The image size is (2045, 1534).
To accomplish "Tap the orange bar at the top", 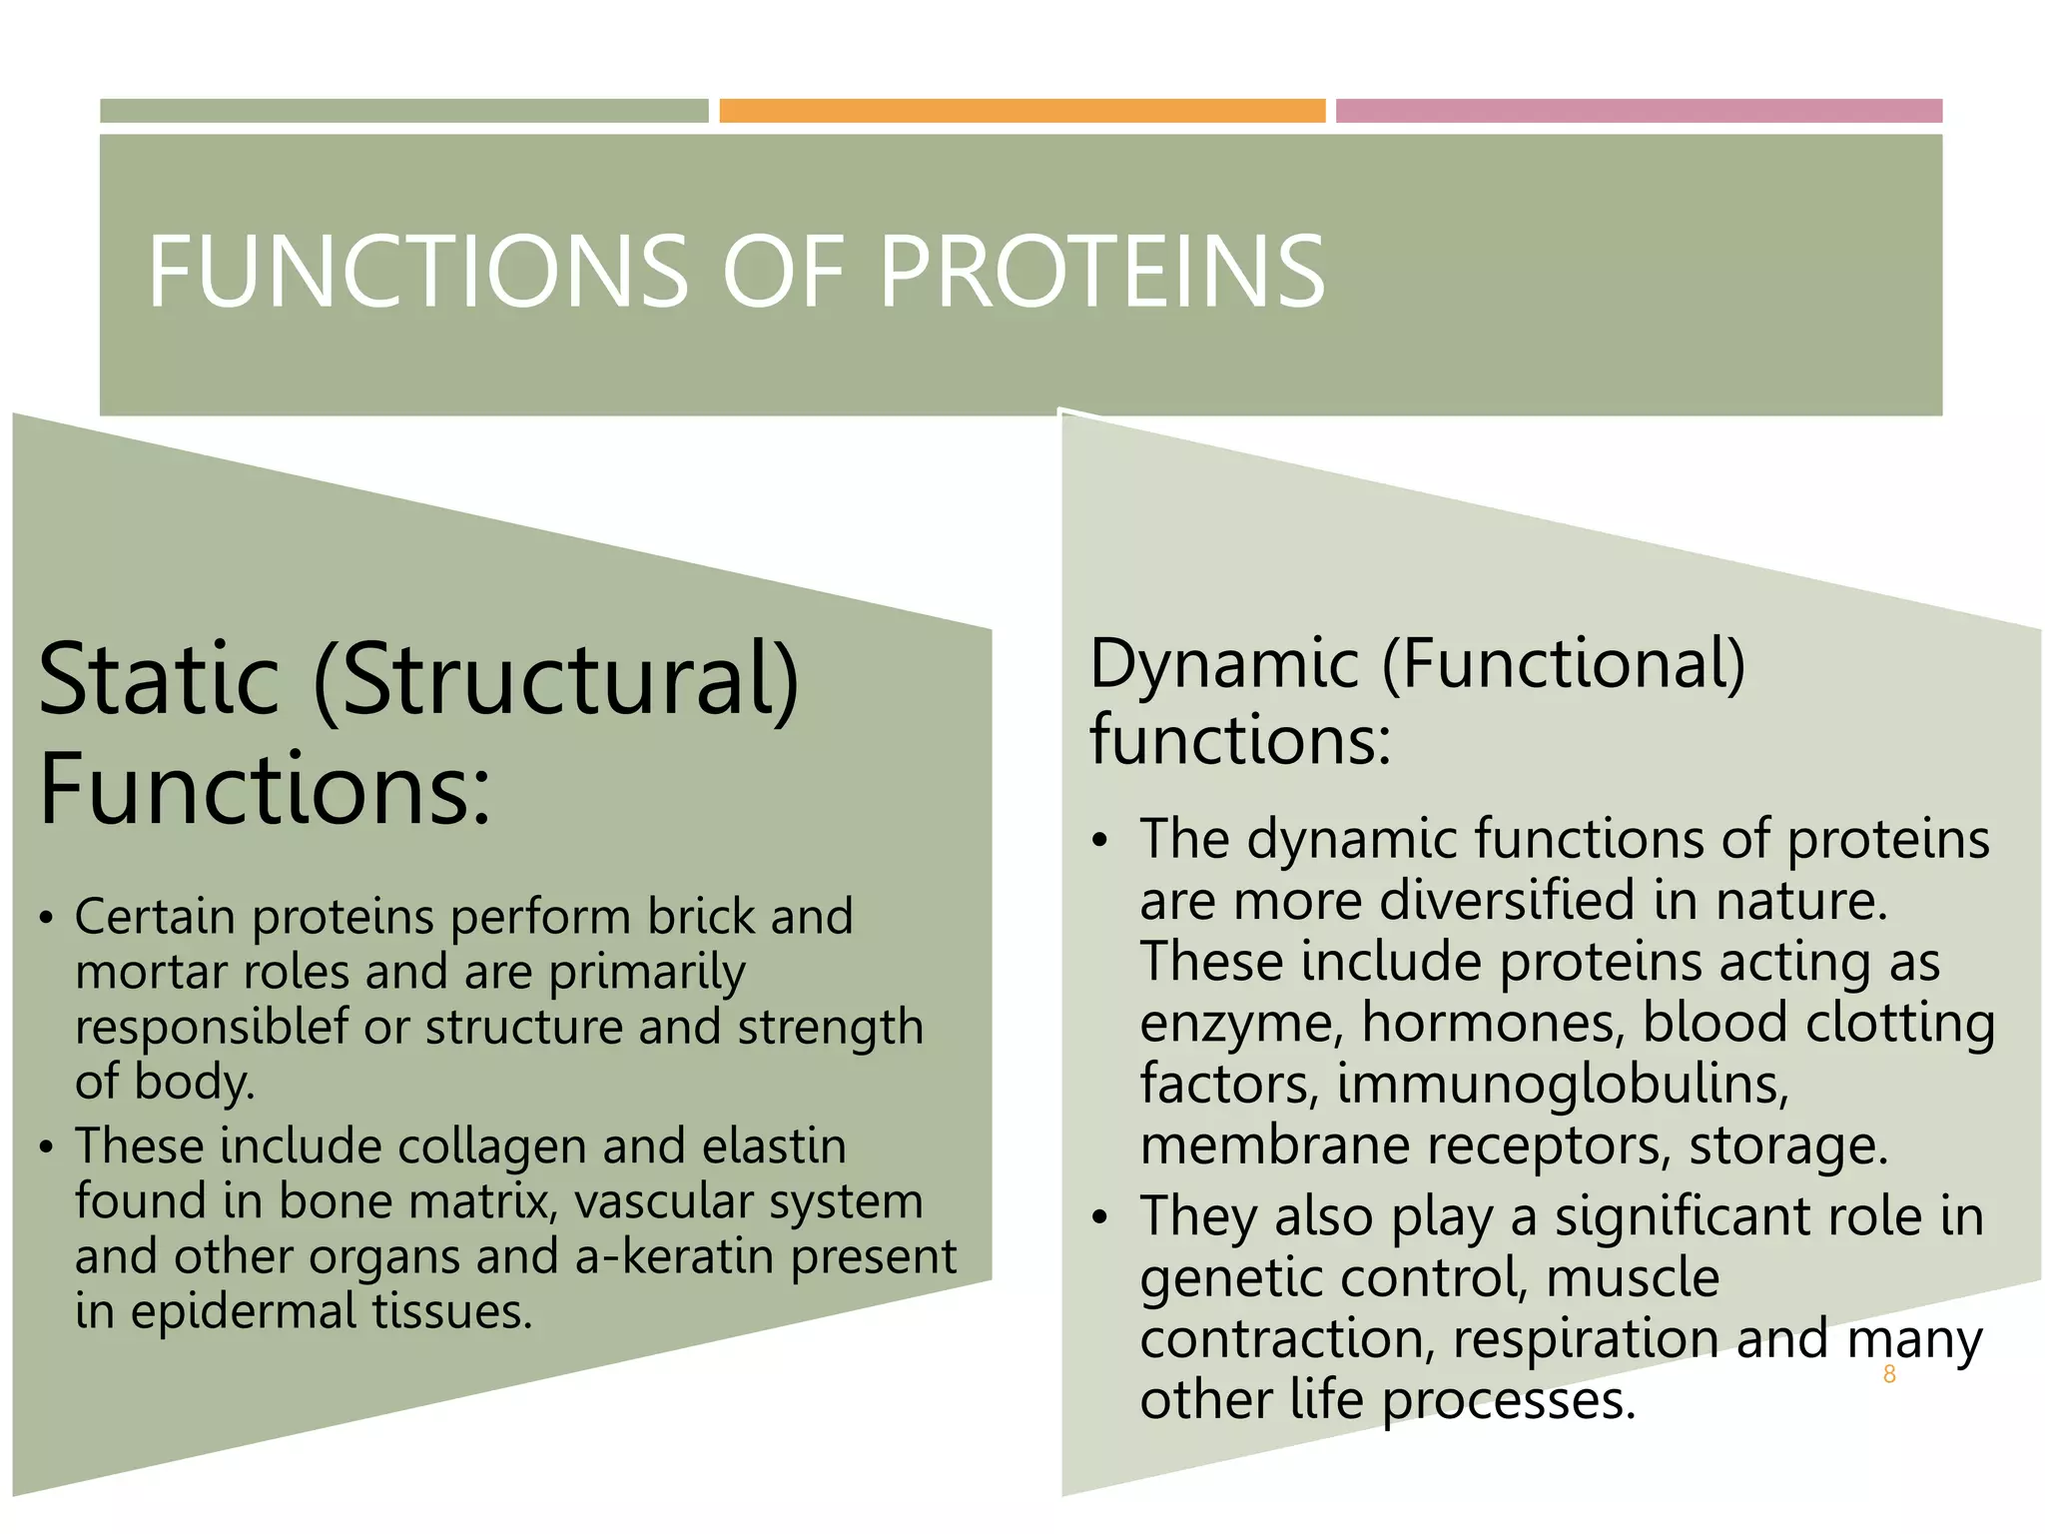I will pos(1022,111).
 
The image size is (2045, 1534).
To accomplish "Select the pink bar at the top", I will pos(1639,111).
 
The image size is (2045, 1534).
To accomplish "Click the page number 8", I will pos(1888,1375).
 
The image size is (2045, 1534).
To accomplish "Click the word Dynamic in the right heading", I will pos(1224,664).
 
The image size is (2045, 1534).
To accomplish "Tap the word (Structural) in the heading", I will pos(556,681).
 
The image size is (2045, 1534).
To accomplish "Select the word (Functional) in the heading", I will pos(1564,664).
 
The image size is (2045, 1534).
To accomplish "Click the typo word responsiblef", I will pos(213,1028).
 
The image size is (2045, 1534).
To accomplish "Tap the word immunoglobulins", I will pos(1563,1085).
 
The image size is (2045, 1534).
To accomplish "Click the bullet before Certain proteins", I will pos(45,918).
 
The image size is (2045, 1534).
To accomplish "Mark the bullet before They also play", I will pos(1099,1217).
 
